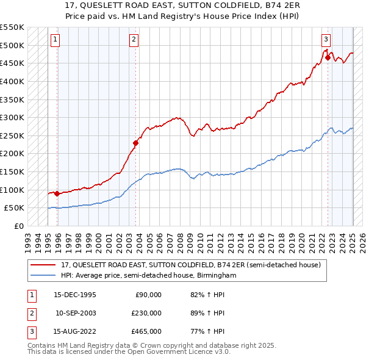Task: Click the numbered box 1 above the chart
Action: (x=55, y=40)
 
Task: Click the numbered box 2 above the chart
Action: (x=134, y=40)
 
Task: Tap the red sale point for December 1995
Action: (x=57, y=193)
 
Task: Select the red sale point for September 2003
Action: (x=136, y=143)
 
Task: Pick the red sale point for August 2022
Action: (x=328, y=58)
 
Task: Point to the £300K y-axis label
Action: (x=12, y=117)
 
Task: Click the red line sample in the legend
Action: (x=43, y=264)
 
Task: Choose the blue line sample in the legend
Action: (x=43, y=275)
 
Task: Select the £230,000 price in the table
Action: (x=147, y=313)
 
